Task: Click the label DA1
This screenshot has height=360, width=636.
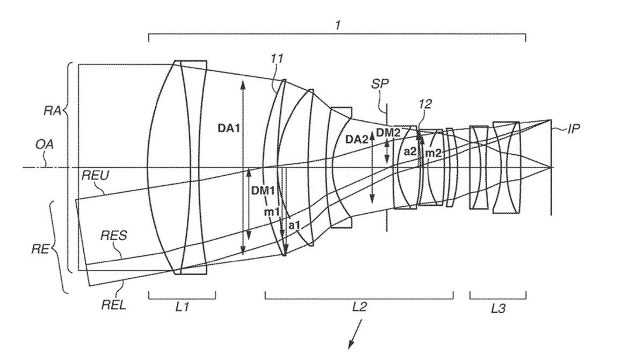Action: tap(228, 128)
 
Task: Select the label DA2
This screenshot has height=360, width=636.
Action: tap(356, 139)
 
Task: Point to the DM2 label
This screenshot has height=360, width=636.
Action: tap(388, 132)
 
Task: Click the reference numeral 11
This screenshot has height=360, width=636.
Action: tap(277, 59)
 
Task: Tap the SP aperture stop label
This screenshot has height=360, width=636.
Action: tap(380, 84)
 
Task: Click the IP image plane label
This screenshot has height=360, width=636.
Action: tap(573, 128)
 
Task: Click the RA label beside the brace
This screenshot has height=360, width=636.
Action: tap(52, 111)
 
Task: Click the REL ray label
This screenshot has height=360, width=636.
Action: tap(113, 305)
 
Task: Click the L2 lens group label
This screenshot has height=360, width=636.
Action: tap(359, 307)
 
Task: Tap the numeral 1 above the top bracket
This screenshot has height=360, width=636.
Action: tap(337, 25)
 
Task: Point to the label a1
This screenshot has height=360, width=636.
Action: tap(294, 225)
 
